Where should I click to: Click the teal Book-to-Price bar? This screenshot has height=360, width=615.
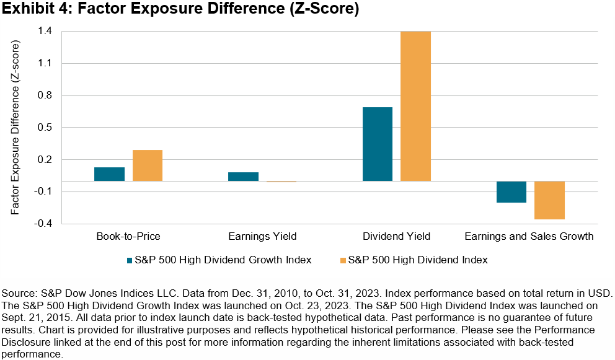[109, 174]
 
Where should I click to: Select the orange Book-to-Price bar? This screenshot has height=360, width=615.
[148, 165]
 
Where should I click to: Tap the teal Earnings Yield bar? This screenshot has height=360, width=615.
[243, 177]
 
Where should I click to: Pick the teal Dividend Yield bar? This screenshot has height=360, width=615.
[377, 144]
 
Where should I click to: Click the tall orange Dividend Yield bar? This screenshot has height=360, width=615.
[415, 106]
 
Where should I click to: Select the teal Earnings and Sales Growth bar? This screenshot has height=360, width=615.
[511, 192]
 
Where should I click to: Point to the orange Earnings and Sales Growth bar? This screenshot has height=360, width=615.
[549, 200]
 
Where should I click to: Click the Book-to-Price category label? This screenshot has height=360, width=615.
[128, 236]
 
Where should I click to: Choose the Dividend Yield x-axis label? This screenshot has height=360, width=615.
[396, 236]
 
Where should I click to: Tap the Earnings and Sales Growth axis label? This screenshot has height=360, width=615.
[530, 236]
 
